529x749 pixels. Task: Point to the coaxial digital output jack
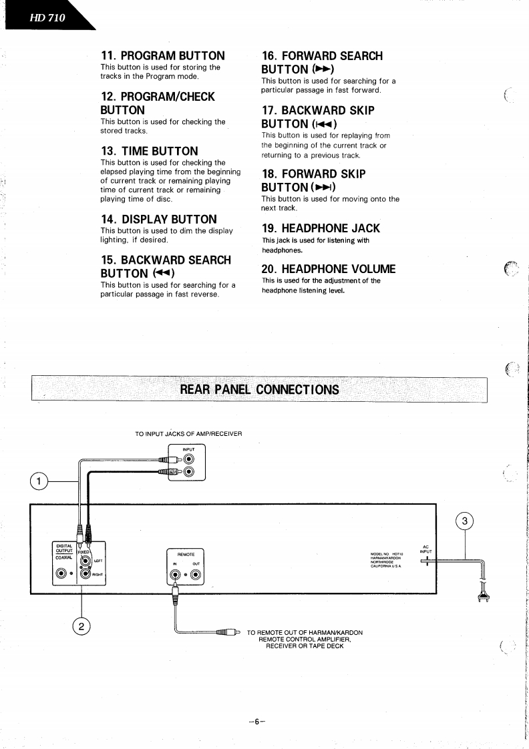click(62, 573)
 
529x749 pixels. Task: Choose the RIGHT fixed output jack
click(85, 573)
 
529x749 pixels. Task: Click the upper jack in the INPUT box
click(190, 459)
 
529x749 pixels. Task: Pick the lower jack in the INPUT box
click(190, 472)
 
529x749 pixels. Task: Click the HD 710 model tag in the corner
click(47, 17)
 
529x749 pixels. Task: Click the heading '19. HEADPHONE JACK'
click(321, 228)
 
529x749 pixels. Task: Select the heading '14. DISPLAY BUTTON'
click(158, 219)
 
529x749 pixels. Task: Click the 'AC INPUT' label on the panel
click(425, 549)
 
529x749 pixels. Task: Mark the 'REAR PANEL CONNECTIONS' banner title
click(259, 389)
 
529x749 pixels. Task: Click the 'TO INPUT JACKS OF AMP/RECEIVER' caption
click(188, 433)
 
